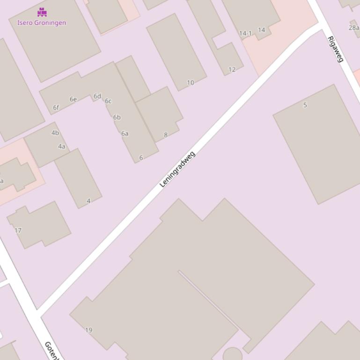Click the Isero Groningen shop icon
(x=42, y=12)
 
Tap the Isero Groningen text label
(x=42, y=22)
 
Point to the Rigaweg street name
(x=336, y=49)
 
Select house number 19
(x=88, y=330)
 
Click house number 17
(x=18, y=230)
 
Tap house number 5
(x=305, y=105)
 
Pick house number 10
(x=190, y=83)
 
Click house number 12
(x=232, y=70)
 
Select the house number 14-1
(x=245, y=33)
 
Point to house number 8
(x=165, y=135)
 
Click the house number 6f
(x=56, y=108)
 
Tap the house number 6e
(x=73, y=99)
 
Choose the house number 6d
(x=97, y=96)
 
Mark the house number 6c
(x=108, y=101)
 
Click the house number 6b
(x=117, y=117)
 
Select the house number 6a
(x=125, y=133)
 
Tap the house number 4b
(x=55, y=133)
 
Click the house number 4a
(x=61, y=146)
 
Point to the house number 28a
(x=353, y=28)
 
